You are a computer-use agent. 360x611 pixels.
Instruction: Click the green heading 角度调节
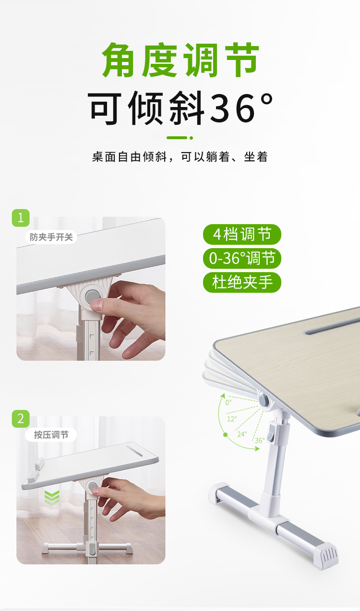(180, 60)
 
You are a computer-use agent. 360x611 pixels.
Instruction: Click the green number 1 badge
(21, 218)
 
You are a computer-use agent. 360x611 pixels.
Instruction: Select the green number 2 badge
(21, 419)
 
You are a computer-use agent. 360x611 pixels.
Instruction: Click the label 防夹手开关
(51, 237)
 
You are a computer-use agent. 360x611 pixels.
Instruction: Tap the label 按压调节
(51, 435)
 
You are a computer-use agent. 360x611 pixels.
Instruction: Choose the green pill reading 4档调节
(242, 234)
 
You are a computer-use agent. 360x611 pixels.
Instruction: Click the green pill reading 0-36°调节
(242, 258)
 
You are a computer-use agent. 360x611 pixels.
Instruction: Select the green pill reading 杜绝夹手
(242, 282)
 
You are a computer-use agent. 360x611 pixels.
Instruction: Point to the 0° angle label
(228, 402)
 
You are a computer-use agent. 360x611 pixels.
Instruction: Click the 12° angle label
(232, 419)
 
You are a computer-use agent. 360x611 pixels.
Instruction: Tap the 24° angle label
(242, 434)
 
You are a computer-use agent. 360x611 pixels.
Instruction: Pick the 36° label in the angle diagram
(260, 440)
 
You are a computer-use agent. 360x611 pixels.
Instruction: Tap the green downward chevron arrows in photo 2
(52, 498)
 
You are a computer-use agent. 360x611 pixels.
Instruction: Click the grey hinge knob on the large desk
(264, 400)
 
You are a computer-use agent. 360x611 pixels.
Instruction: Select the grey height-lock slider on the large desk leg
(271, 432)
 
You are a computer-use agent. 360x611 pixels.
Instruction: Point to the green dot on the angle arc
(225, 435)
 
